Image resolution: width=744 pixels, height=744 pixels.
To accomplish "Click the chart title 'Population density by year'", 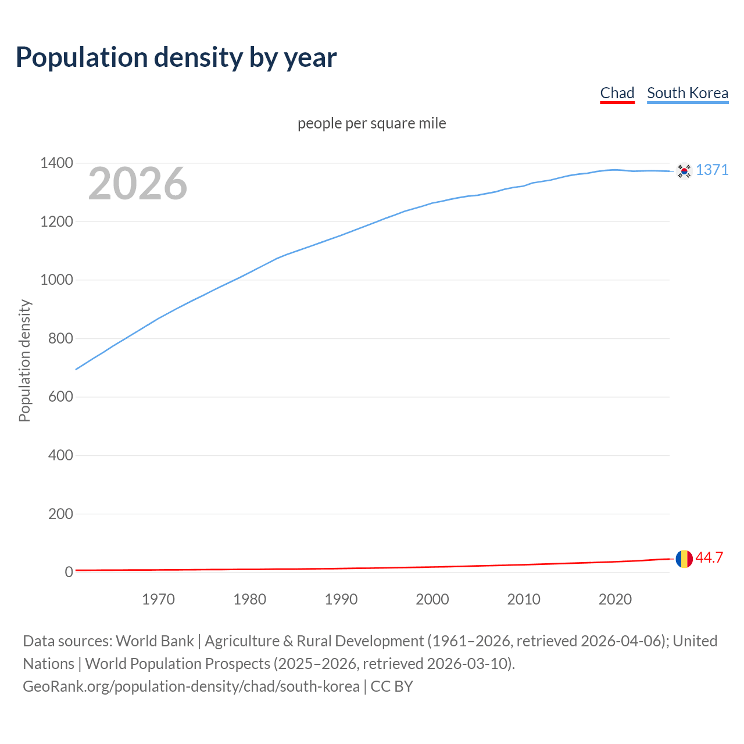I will coord(176,57).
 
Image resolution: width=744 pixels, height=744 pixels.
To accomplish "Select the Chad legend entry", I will coord(617,93).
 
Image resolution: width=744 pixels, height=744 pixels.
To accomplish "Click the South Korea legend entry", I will coord(687,93).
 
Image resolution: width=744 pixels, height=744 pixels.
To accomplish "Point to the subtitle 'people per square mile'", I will coord(371,123).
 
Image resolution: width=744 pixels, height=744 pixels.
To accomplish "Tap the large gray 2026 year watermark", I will coord(138,184).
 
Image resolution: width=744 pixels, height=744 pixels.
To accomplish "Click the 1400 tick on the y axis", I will coord(56,163).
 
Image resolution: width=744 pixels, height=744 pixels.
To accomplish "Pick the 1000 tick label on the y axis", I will coord(56,280).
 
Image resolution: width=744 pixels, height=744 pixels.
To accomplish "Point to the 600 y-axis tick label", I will coord(60,397).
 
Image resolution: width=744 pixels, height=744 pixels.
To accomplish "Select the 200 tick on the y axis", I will coord(60,514).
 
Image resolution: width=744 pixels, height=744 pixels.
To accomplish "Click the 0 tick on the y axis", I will coord(69,573).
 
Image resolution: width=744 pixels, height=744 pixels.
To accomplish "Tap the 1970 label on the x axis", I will coord(158,599).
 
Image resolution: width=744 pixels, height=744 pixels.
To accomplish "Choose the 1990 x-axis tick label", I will coord(341,599).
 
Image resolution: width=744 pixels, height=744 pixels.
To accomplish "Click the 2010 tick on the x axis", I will coord(524,599).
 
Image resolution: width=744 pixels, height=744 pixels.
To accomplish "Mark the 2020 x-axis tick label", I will coord(615,599).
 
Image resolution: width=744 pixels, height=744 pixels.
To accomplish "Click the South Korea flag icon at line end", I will coord(684,171).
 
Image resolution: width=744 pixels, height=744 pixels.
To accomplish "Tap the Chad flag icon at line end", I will coord(684,559).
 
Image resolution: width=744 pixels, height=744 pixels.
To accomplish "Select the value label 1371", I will coord(712,170).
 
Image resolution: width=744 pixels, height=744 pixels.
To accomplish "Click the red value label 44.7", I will coord(709,558).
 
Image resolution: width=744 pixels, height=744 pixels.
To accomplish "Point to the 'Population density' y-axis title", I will coord(24,360).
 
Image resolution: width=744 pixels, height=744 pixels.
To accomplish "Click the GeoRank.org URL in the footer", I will coord(191,686).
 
